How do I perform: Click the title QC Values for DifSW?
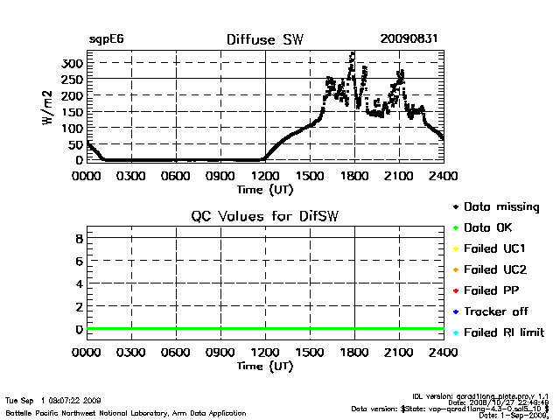coord(265,216)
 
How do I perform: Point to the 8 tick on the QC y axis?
coord(79,238)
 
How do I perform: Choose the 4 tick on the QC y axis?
coord(79,283)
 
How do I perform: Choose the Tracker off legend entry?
coord(494,311)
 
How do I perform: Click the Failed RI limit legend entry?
coord(504,332)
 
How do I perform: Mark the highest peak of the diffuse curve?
coord(352,53)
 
